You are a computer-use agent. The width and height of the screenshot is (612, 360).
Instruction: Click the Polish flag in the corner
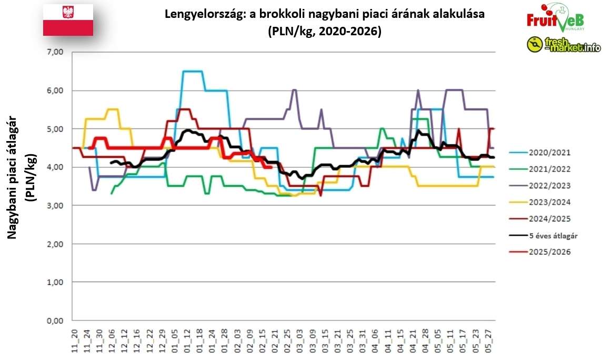click(x=68, y=20)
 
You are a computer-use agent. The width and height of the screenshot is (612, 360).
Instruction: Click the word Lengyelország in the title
click(x=198, y=14)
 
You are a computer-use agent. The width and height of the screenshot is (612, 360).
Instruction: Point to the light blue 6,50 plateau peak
click(x=193, y=71)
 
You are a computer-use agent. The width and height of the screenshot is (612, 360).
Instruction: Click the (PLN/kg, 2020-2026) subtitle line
click(x=324, y=31)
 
